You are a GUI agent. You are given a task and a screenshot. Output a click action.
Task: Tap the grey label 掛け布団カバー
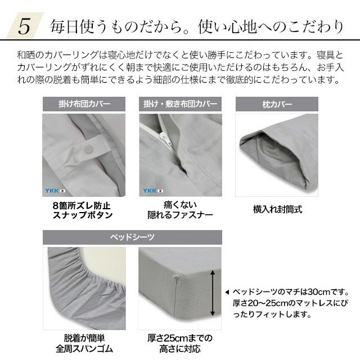point(84,104)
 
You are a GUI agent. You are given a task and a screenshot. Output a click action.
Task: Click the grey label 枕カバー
point(276,104)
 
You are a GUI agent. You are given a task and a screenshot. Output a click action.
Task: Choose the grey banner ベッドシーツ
point(132,237)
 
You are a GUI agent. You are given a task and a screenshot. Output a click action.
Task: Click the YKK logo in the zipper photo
point(150,190)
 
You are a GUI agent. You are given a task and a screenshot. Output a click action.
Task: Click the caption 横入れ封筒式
point(277,210)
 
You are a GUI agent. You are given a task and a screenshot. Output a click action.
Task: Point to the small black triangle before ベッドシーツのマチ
point(227,292)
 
